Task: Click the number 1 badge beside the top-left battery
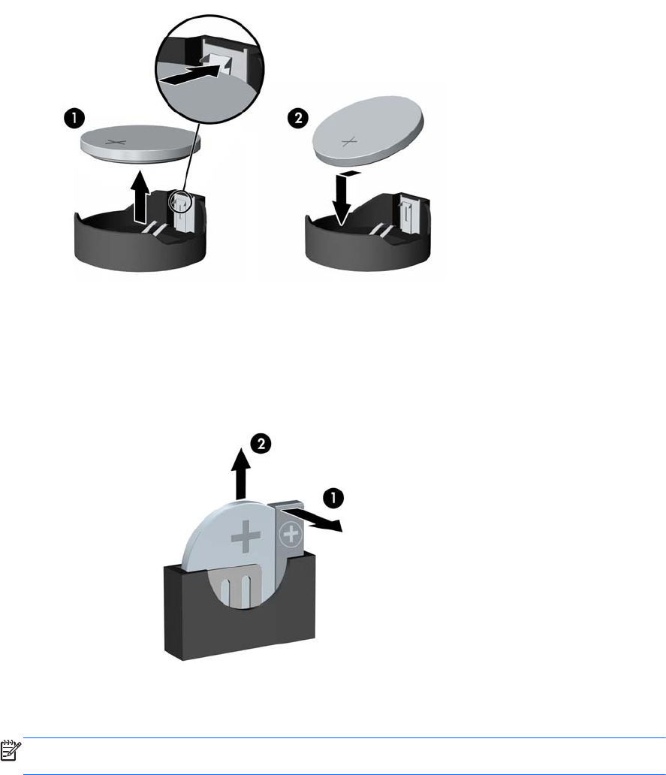click(74, 119)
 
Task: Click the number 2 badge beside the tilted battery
click(298, 119)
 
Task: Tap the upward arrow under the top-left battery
click(140, 196)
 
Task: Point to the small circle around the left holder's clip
click(179, 202)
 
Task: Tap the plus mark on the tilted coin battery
click(349, 142)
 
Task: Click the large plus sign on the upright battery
click(246, 535)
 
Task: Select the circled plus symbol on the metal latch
click(291, 534)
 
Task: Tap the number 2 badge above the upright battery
click(261, 443)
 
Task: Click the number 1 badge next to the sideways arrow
click(333, 497)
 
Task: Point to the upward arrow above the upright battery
click(240, 474)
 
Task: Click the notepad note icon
click(11, 750)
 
